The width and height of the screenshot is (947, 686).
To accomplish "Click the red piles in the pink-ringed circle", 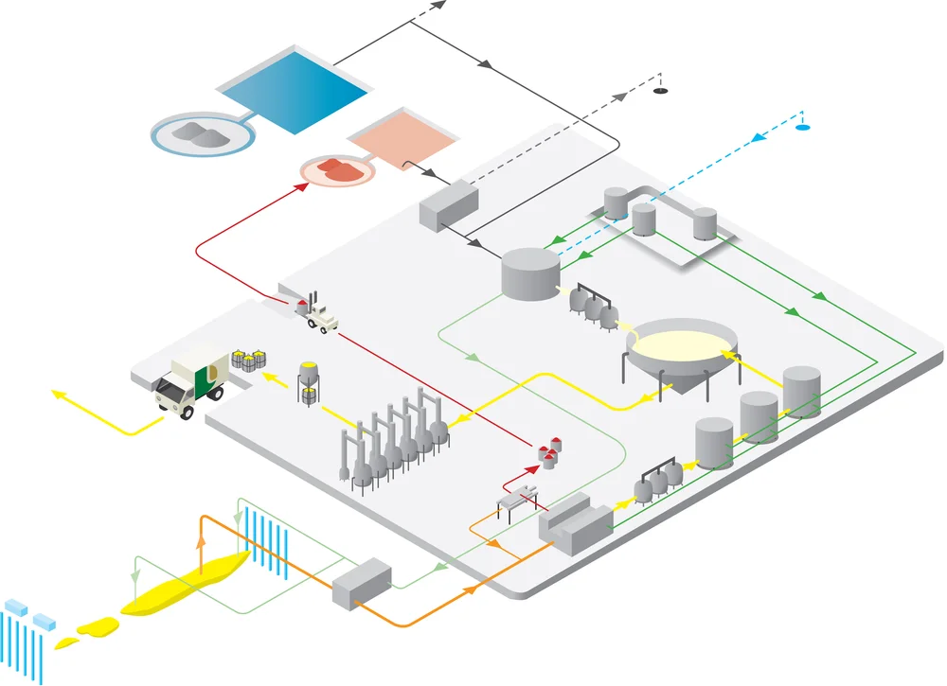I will [x=338, y=169].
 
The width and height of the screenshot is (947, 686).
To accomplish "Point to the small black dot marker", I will [x=661, y=91].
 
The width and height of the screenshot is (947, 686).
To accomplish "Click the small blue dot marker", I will [x=803, y=127].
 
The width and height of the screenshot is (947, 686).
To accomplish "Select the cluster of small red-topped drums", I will [x=548, y=453].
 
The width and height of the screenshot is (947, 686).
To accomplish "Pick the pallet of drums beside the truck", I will [x=250, y=360].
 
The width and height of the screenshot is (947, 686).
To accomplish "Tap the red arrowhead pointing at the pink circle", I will [x=302, y=186].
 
